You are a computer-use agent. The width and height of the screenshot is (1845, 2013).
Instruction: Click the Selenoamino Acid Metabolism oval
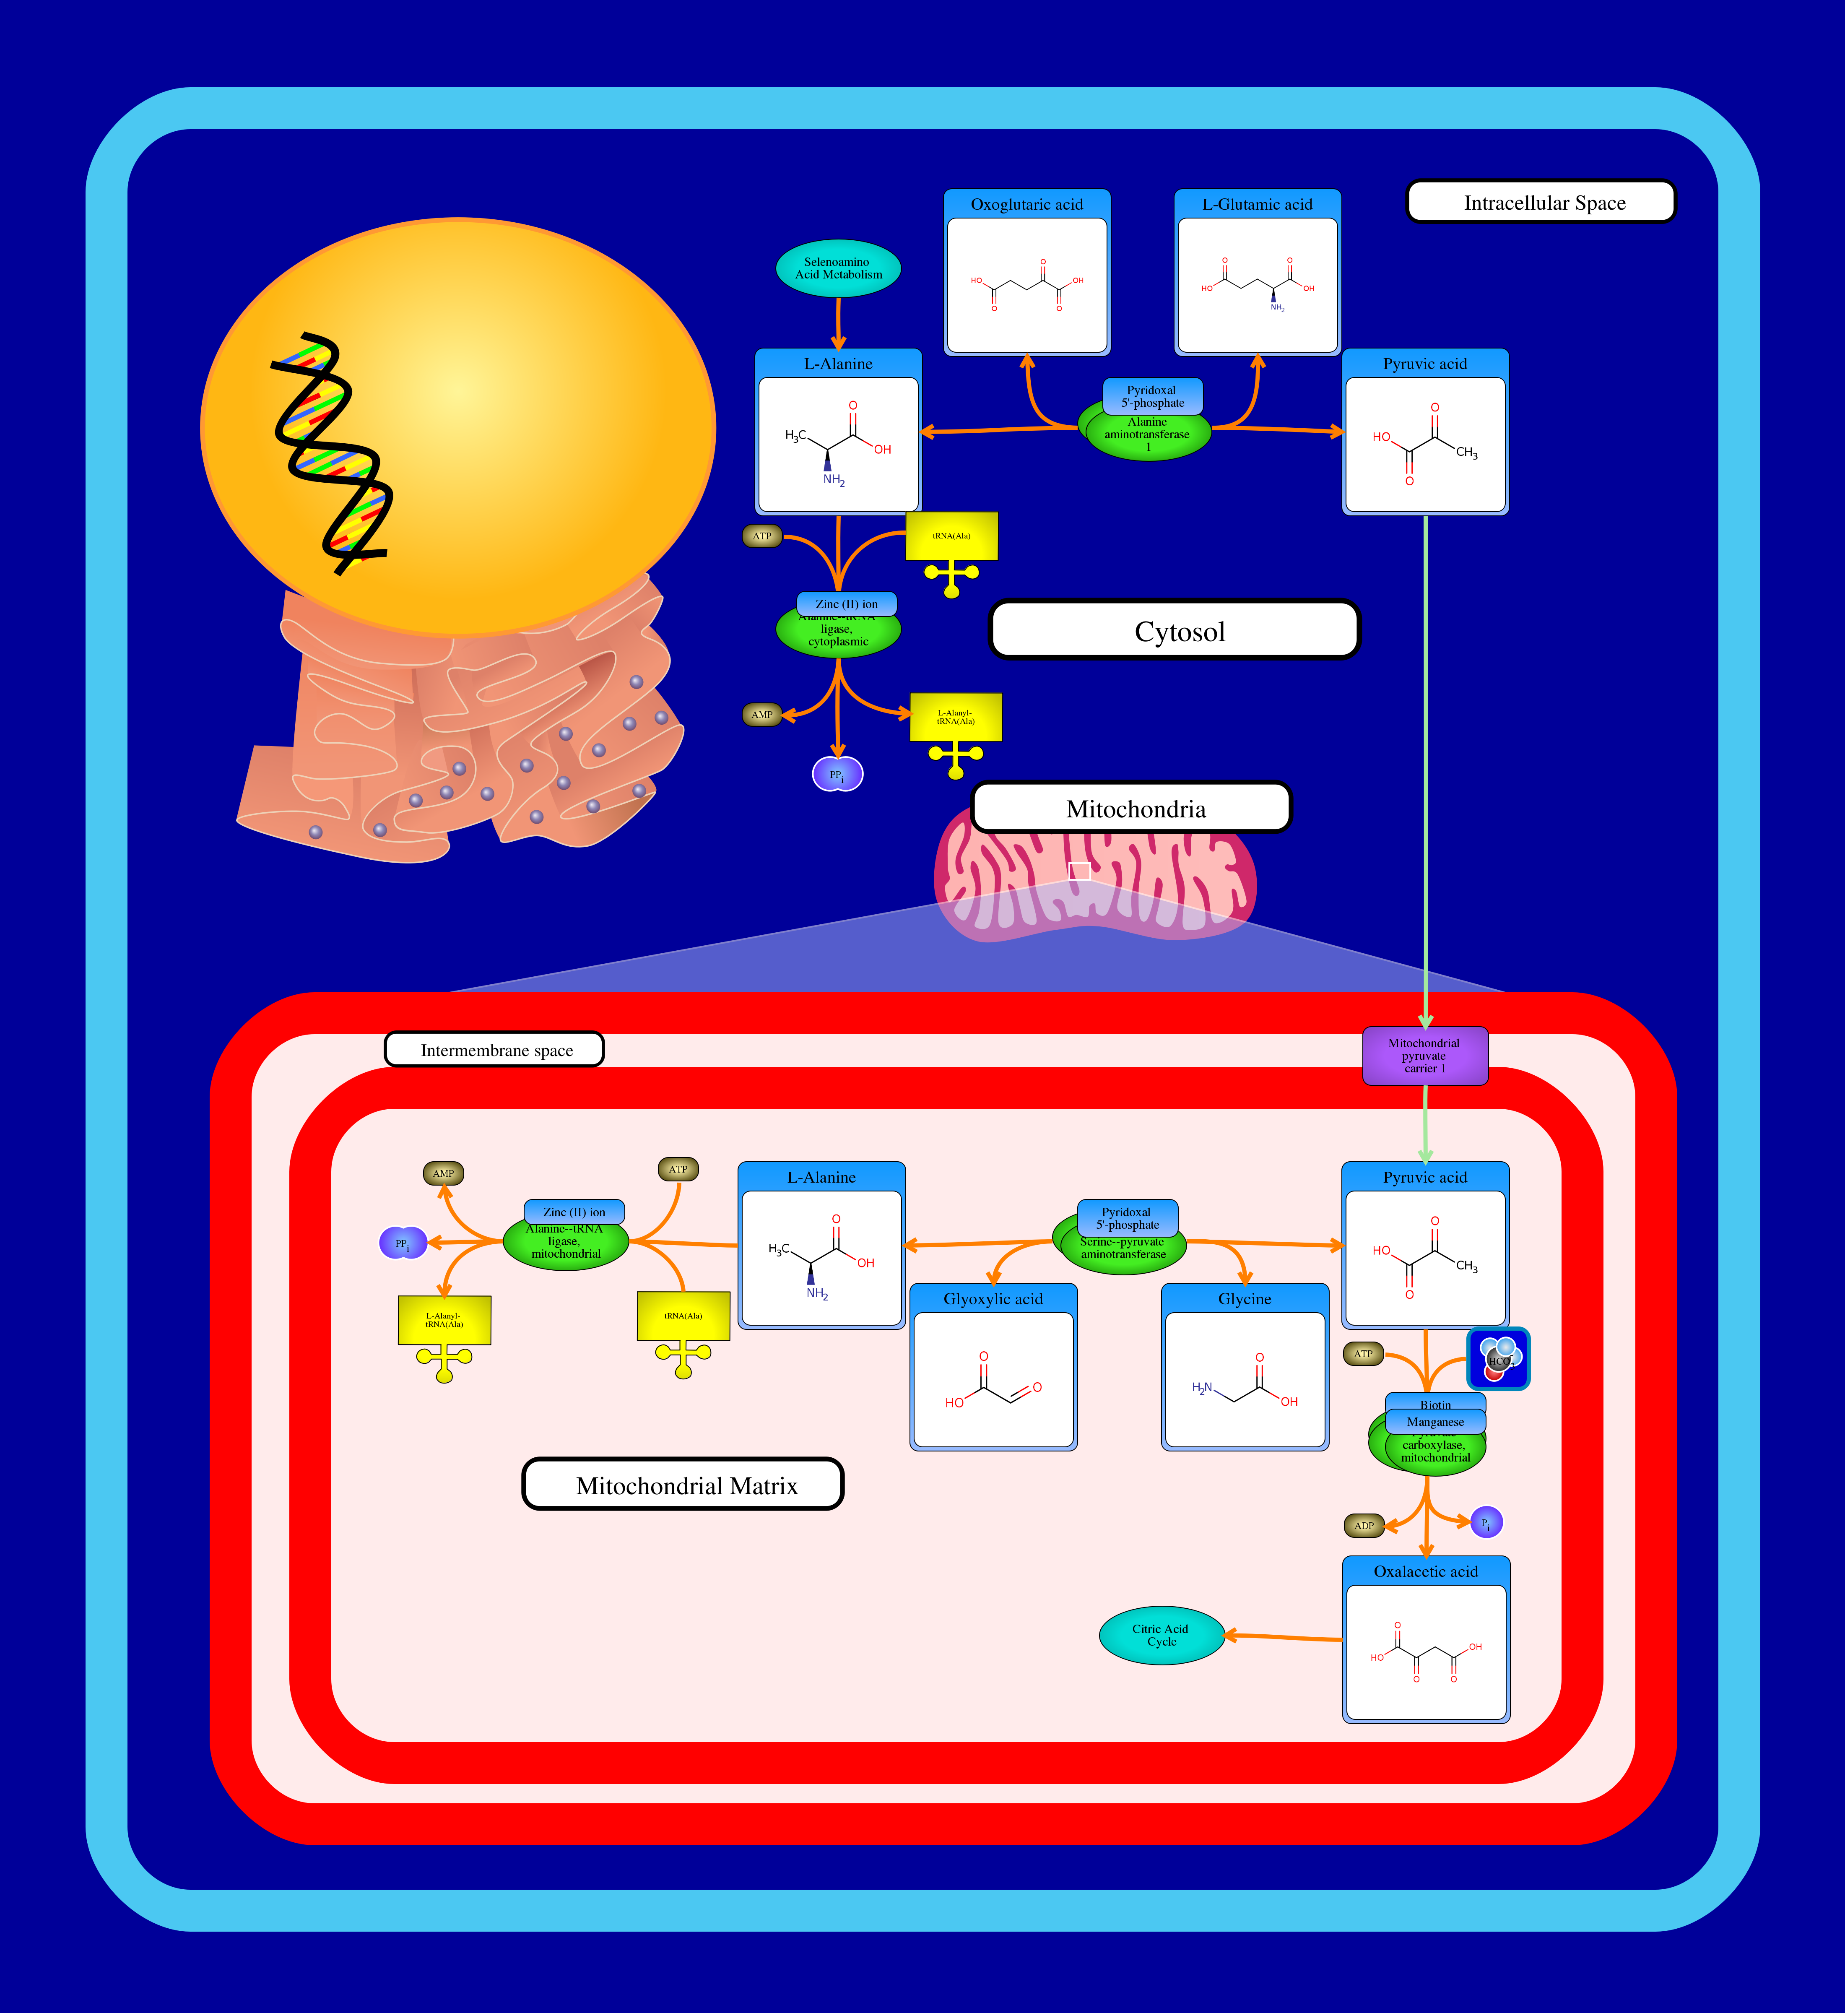[838, 268]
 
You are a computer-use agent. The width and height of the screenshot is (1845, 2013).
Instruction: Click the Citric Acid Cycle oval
[1160, 1636]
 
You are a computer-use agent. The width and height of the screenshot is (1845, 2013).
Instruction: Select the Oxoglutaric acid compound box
[1026, 273]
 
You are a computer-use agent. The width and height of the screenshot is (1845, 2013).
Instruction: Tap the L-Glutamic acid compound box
[1257, 273]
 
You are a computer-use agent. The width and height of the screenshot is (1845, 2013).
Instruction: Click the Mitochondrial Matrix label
[684, 1485]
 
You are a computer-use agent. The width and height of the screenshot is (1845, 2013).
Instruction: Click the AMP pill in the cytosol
[762, 715]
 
